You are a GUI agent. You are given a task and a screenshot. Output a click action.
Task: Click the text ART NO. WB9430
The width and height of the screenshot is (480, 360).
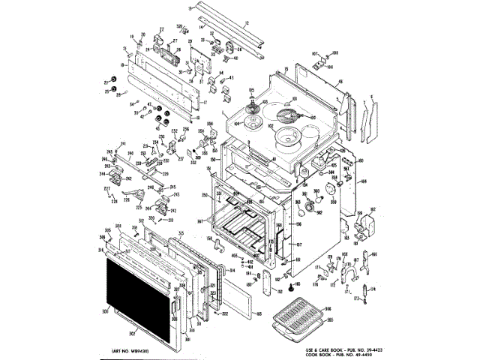(x=131, y=350)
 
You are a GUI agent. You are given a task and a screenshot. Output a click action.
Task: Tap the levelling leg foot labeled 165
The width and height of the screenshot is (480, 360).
(x=289, y=287)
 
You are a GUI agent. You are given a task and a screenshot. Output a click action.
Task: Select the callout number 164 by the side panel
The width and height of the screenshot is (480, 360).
(x=363, y=181)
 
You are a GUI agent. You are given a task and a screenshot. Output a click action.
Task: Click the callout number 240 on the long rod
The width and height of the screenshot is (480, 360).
(x=129, y=153)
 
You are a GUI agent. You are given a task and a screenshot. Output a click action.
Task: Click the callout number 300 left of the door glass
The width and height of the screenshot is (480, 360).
(x=105, y=310)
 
